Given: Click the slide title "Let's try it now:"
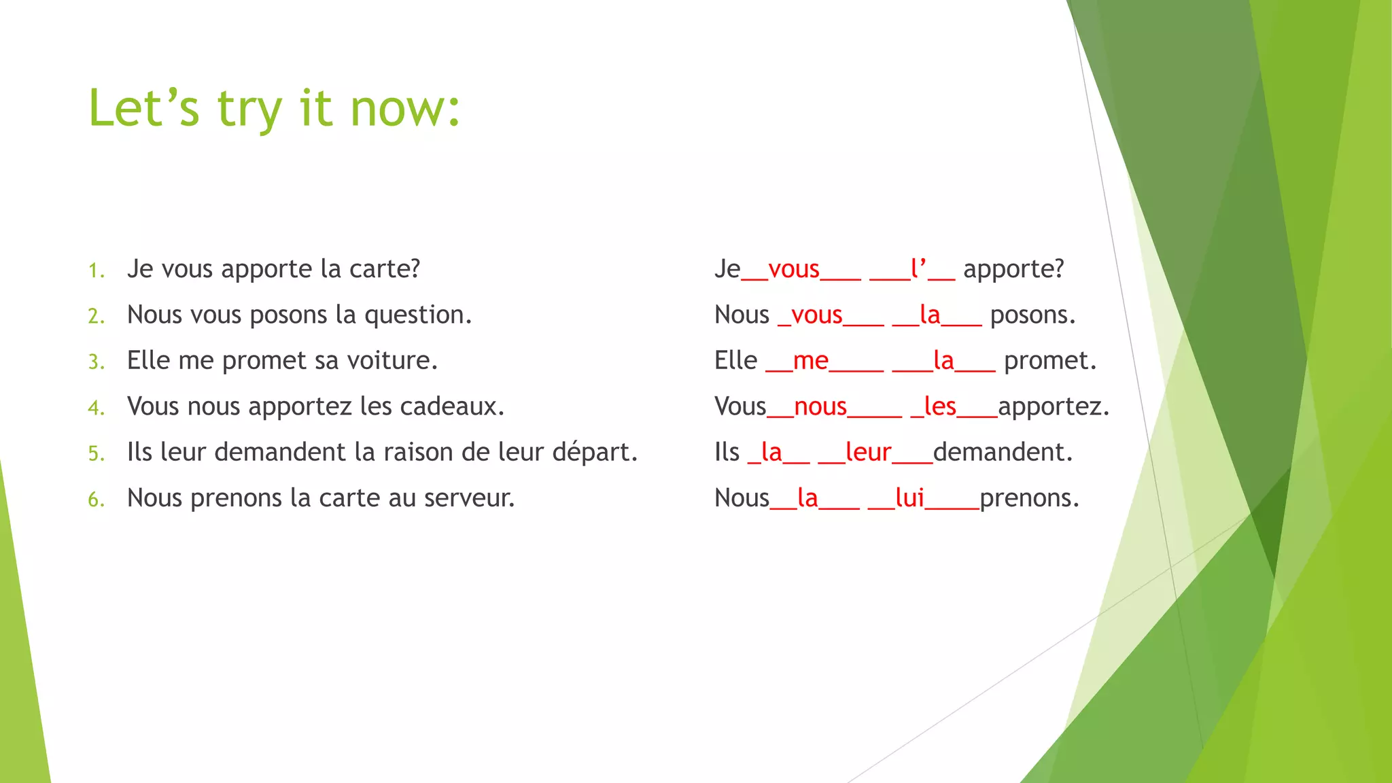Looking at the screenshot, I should pyautogui.click(x=275, y=109).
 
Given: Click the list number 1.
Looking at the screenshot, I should pyautogui.click(x=96, y=271).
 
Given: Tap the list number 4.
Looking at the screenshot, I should pyautogui.click(x=96, y=408).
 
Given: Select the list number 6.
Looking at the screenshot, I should pyautogui.click(x=96, y=500).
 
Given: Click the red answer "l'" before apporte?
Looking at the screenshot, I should pyautogui.click(x=919, y=270).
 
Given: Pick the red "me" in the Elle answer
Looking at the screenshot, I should pyautogui.click(x=810, y=361).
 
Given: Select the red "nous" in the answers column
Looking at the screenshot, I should pyautogui.click(x=820, y=407).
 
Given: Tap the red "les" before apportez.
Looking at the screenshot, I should pyautogui.click(x=940, y=407).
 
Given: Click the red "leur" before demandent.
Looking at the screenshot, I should pyautogui.click(x=868, y=453).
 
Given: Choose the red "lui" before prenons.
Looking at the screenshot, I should pyautogui.click(x=909, y=499).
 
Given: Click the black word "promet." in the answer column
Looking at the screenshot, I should pyautogui.click(x=1050, y=361).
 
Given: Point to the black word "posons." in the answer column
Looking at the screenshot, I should pyautogui.click(x=1032, y=316).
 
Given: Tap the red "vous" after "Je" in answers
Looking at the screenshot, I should pyautogui.click(x=793, y=270).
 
